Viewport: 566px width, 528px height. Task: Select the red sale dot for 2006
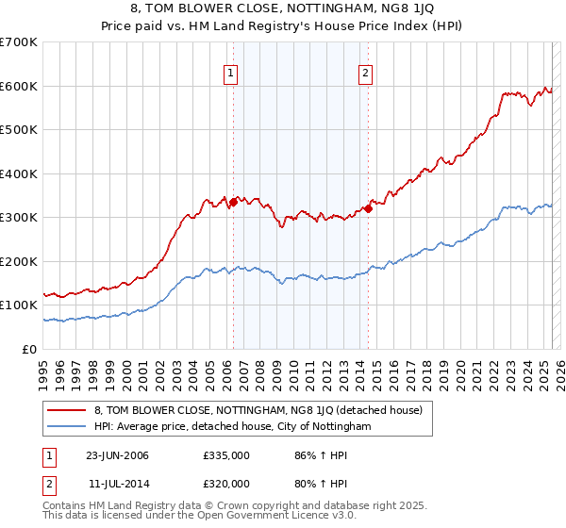pos(233,201)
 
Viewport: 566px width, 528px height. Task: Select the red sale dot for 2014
pos(368,208)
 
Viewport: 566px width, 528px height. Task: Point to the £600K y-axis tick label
pos(18,86)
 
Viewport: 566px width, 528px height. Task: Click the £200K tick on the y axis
pos(18,261)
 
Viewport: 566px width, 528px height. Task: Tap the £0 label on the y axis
pos(28,349)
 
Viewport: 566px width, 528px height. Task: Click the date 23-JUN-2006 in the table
pos(117,455)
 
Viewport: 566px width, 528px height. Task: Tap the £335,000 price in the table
pos(226,455)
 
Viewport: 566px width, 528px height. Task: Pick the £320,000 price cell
pos(226,483)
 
